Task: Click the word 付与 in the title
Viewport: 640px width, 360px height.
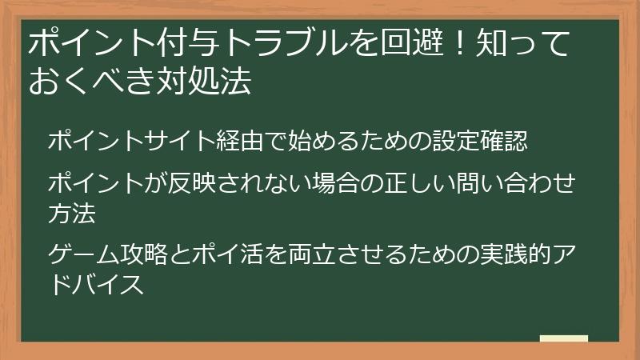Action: coord(194,45)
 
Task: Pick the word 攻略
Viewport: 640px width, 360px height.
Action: coord(143,255)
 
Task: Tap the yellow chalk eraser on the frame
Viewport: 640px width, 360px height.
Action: coord(564,338)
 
